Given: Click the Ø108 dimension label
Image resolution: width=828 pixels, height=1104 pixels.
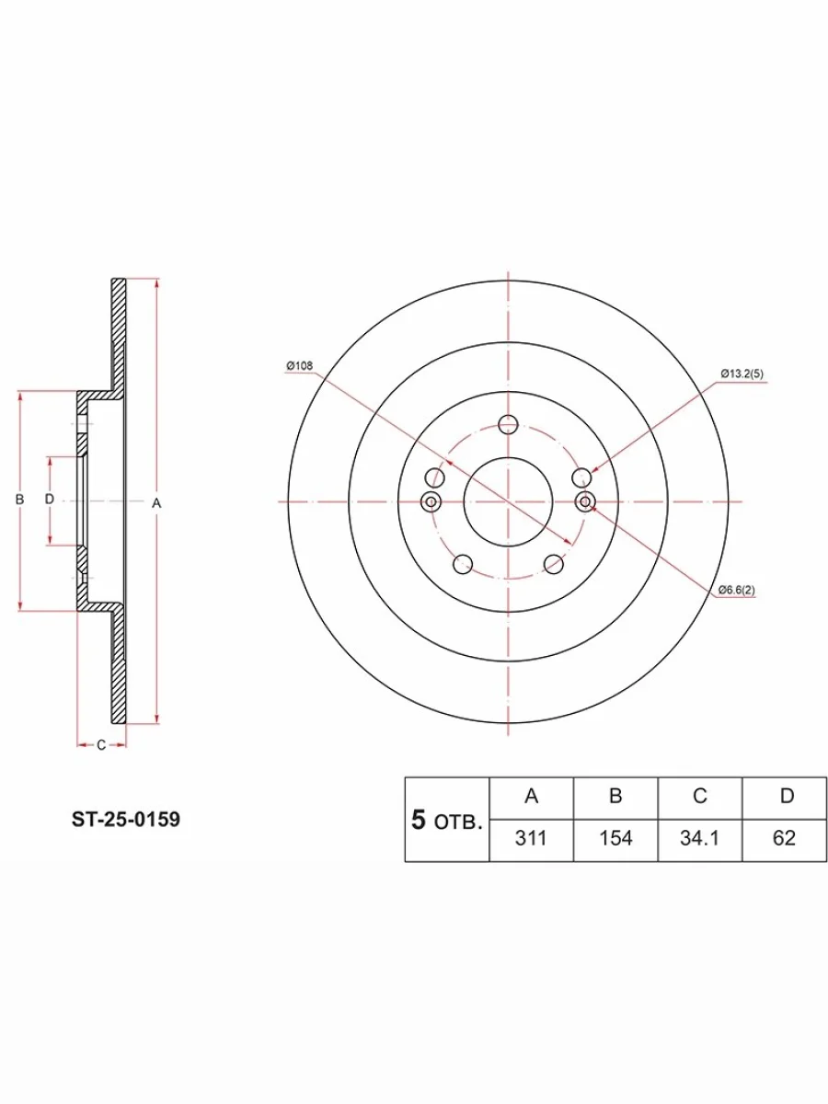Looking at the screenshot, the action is pyautogui.click(x=300, y=365).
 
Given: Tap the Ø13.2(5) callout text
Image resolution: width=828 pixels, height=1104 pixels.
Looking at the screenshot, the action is pyautogui.click(x=742, y=374).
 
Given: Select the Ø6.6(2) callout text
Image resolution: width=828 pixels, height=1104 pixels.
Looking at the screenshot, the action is pyautogui.click(x=737, y=590).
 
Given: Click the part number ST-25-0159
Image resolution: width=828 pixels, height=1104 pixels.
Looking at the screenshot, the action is pyautogui.click(x=126, y=820).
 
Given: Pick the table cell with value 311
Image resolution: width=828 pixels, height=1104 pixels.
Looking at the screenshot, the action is pyautogui.click(x=531, y=838).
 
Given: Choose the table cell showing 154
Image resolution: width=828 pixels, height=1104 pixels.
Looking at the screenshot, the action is pyautogui.click(x=615, y=838).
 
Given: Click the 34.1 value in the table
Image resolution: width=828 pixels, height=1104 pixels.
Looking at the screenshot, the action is pyautogui.click(x=700, y=838).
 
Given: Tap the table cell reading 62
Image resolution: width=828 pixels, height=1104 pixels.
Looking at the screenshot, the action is pyautogui.click(x=784, y=838).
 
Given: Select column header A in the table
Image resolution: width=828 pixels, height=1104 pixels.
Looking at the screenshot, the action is pyautogui.click(x=531, y=797).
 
